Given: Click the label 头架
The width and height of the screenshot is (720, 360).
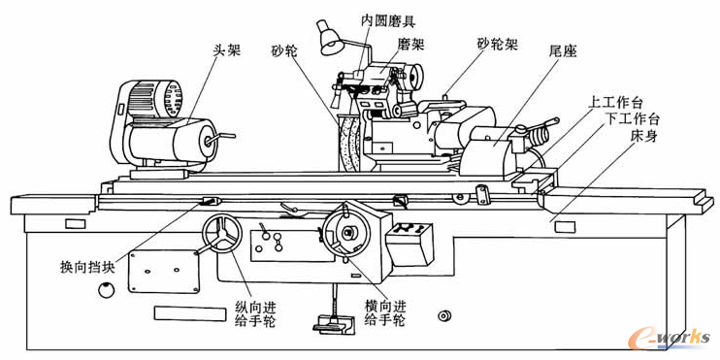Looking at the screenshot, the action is coord(226,49).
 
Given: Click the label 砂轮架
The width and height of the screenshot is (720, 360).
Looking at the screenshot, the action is coord(498,44).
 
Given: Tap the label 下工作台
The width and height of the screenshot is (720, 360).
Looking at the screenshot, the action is coord(632,119).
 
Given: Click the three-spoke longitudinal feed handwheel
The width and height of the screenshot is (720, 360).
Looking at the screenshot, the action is coord(223,234).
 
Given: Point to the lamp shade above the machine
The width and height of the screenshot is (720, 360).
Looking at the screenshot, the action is coord(330,40).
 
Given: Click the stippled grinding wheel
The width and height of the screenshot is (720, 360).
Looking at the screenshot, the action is coord(350,144).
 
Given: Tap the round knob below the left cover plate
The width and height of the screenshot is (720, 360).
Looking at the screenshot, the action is coord(106,290).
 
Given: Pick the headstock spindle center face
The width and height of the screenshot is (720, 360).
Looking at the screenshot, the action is coord(206,140).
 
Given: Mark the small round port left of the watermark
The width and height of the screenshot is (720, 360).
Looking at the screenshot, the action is coord(443,316).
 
